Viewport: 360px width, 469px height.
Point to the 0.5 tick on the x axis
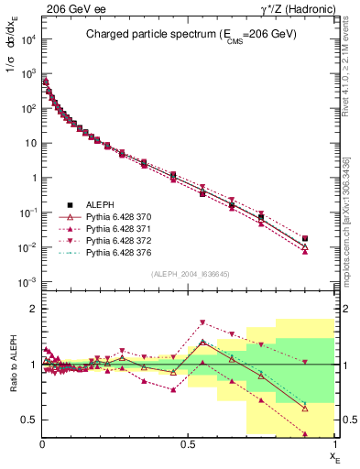(189, 444)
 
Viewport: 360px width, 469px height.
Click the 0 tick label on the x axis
(42, 444)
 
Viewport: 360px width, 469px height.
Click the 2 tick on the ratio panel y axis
(31, 309)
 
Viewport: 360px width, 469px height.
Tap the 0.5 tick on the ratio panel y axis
(27, 420)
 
